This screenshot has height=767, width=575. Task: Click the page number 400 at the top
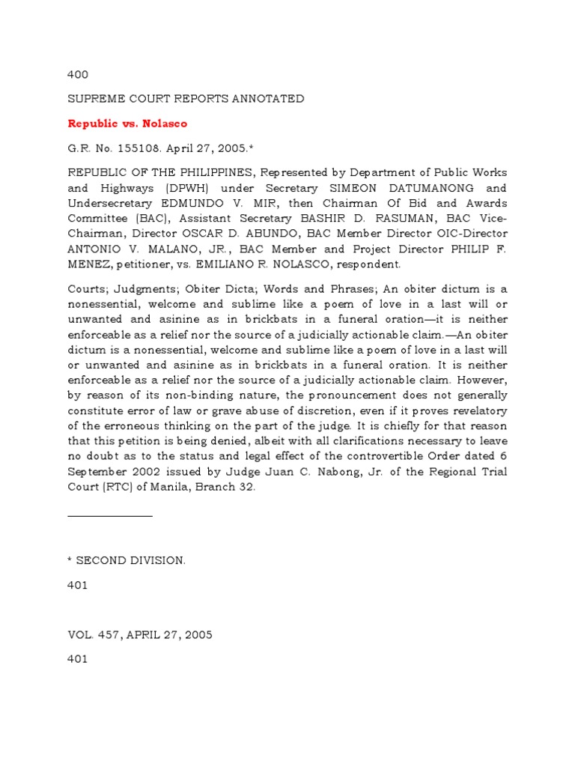click(78, 75)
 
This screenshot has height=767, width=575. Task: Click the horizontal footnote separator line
click(110, 516)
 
